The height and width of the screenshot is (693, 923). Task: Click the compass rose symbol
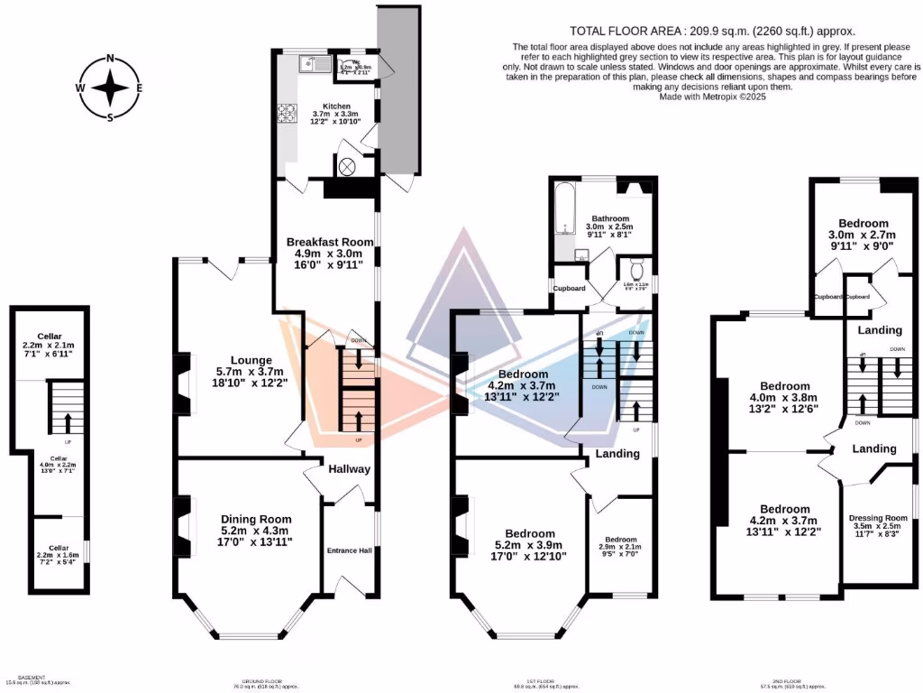[x=110, y=88]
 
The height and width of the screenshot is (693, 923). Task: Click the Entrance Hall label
[x=348, y=550]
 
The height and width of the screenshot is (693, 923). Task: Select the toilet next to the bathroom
[x=637, y=269]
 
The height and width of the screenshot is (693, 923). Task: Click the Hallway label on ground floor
[x=349, y=469]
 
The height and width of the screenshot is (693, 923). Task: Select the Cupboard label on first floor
[x=569, y=289]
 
